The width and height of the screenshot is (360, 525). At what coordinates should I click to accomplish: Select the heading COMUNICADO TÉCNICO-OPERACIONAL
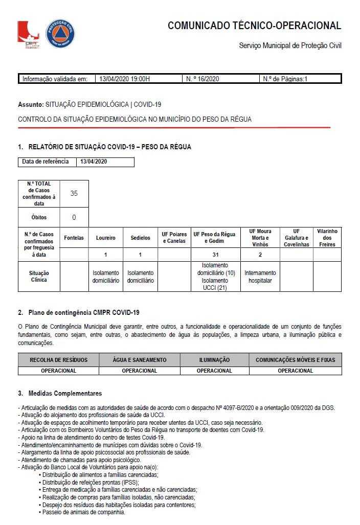coord(254,26)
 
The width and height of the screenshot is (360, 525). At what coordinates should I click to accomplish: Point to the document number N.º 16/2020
coord(202,79)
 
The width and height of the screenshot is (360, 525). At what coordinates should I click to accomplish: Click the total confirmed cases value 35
coord(74,193)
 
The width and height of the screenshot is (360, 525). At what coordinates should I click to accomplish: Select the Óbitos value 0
coord(74,217)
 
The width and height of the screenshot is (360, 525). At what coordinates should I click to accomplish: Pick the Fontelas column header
coord(74,238)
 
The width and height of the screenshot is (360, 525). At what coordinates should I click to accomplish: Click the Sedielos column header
coord(140,238)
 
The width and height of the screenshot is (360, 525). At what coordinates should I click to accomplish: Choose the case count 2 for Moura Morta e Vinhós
coord(260,255)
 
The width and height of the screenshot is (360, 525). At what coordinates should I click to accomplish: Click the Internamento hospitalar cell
coord(260,277)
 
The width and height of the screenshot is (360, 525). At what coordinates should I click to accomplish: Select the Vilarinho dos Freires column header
coord(327,238)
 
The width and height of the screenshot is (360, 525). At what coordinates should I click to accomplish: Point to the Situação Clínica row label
coord(38,277)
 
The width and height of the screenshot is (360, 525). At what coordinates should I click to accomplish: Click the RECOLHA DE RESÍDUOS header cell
coord(59,360)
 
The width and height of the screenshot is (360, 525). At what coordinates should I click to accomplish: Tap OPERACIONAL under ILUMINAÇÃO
coord(214,371)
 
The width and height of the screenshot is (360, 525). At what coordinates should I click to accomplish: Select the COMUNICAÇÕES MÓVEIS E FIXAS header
coord(295,360)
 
